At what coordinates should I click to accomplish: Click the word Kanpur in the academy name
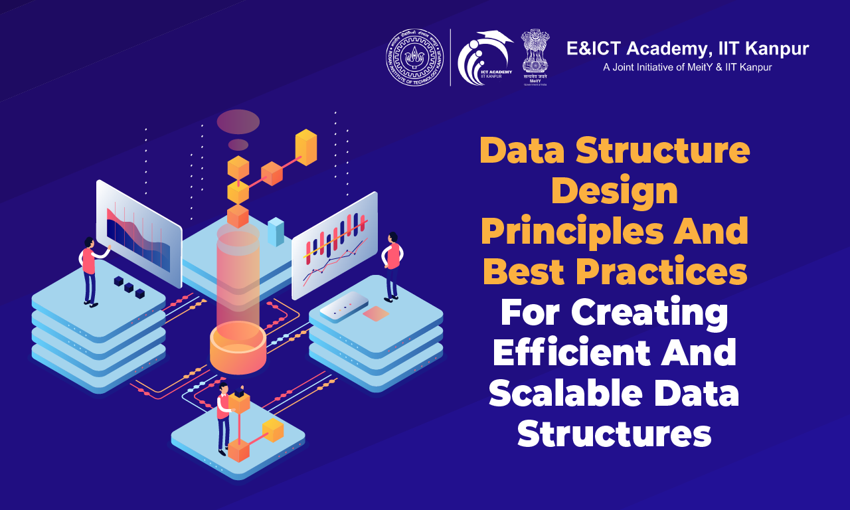[774, 48]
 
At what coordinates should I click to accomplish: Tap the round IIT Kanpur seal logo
[415, 57]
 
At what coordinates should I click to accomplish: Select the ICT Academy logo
[484, 58]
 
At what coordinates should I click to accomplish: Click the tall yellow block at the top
[306, 147]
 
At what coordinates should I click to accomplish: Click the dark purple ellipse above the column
[238, 122]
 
